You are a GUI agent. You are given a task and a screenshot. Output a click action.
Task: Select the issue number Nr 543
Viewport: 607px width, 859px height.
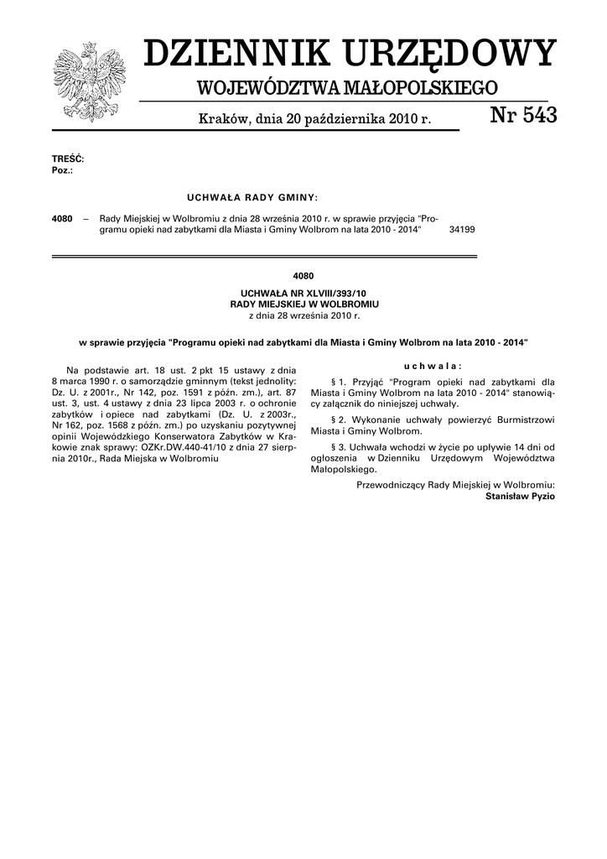(523, 117)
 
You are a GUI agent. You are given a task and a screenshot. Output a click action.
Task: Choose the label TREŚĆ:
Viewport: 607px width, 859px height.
(68, 159)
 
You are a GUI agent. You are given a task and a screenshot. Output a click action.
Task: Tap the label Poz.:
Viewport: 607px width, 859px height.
(62, 169)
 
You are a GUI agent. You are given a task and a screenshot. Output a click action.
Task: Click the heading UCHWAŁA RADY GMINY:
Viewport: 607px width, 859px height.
(252, 197)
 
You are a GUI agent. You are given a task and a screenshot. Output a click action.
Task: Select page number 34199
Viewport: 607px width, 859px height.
(462, 228)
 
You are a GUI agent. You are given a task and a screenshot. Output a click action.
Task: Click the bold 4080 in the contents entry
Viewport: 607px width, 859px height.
(62, 217)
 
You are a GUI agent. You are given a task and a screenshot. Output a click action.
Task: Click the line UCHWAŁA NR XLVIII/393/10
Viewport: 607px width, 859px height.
(303, 293)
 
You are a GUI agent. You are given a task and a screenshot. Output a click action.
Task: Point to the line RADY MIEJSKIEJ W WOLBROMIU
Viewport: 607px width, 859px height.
(303, 303)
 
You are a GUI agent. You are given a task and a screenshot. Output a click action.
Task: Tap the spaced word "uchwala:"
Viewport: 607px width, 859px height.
(433, 367)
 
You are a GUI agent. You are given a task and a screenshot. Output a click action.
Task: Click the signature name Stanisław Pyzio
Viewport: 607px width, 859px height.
(520, 497)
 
